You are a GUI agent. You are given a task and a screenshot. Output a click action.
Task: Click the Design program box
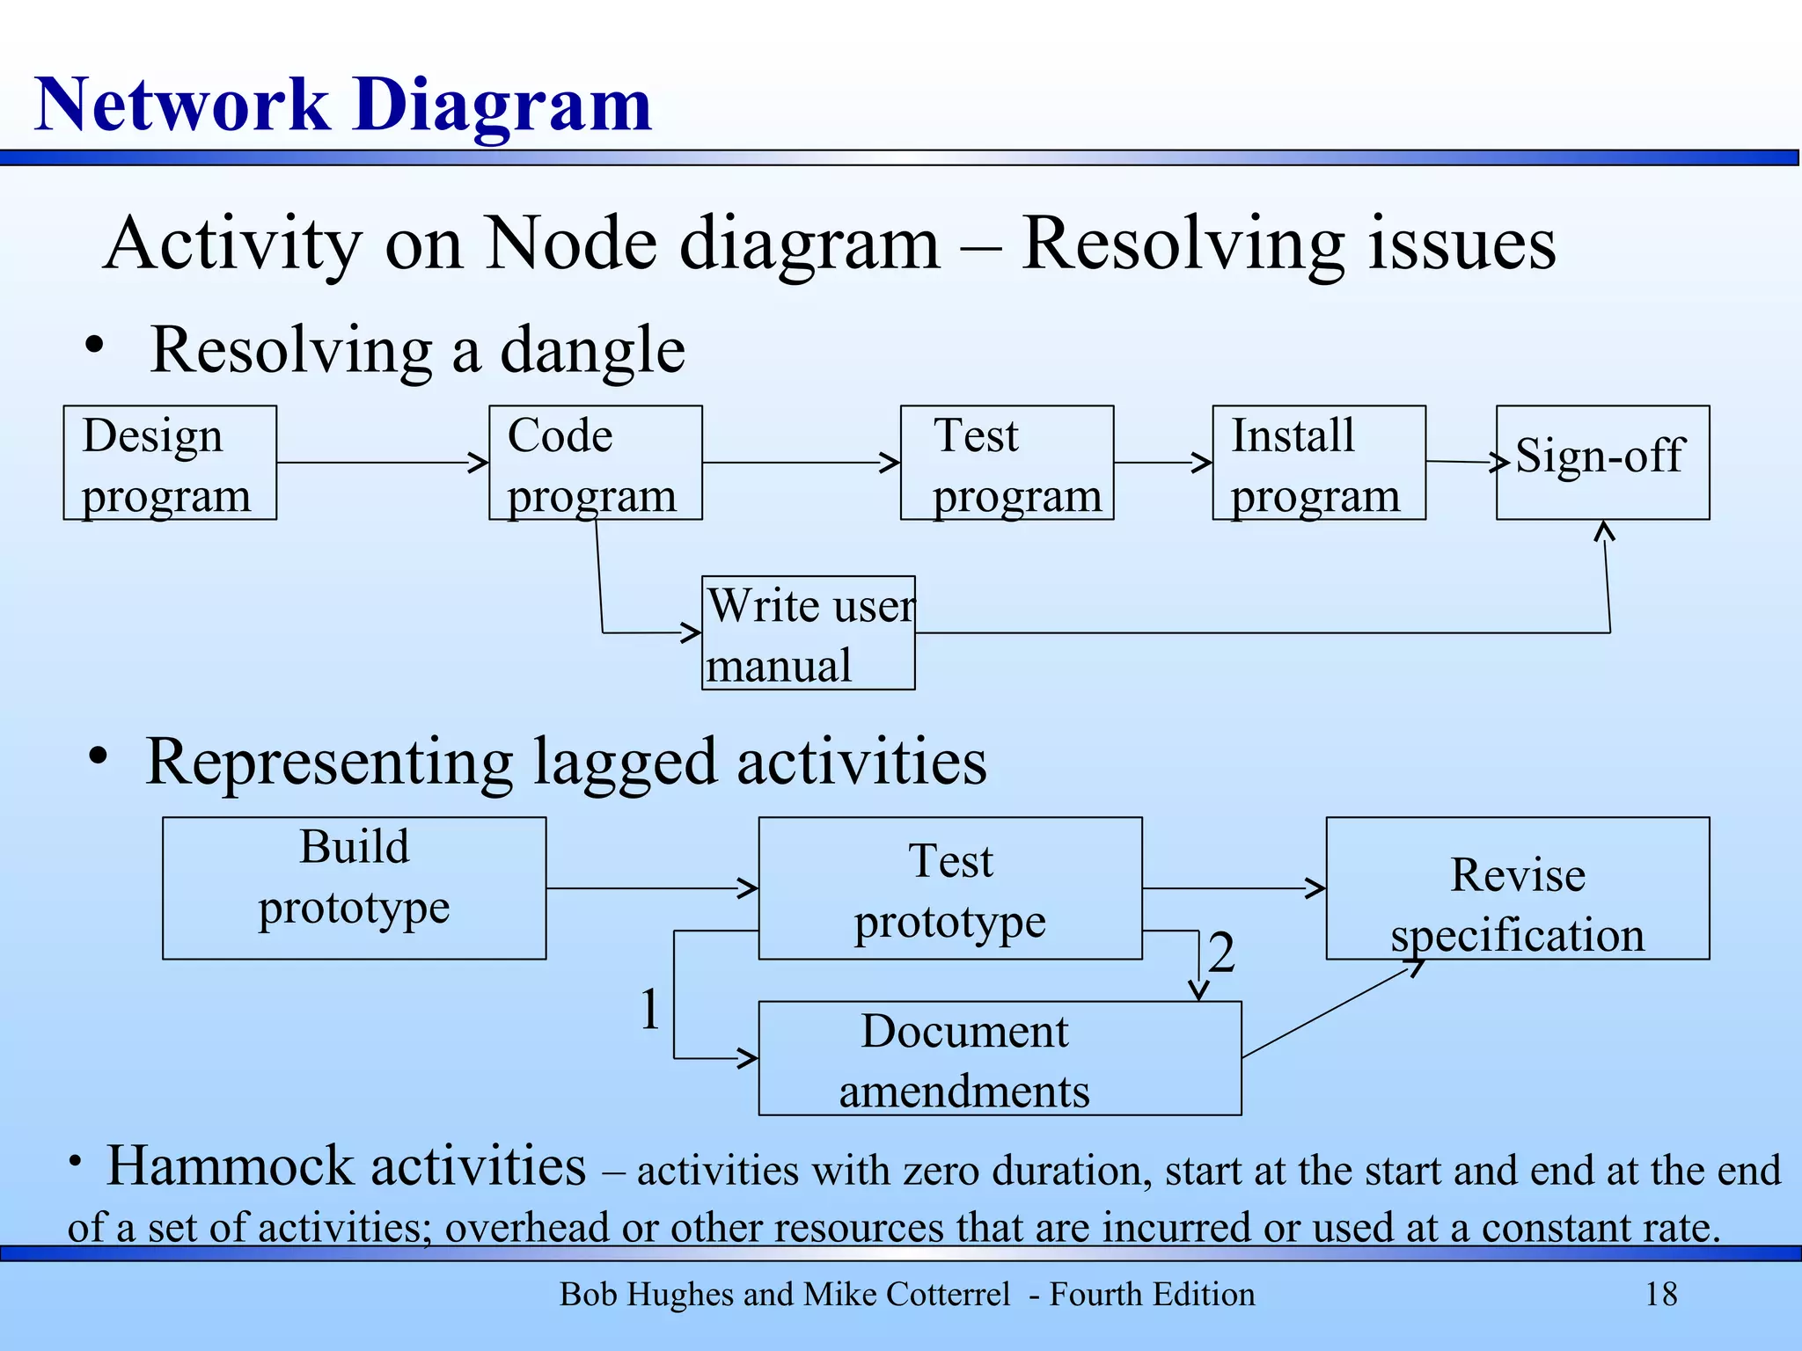coord(170,463)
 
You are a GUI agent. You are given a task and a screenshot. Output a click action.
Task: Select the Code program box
coord(596,463)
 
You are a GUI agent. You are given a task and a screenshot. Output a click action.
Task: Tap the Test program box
coord(1007,463)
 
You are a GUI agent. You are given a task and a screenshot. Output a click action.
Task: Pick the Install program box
coord(1318,463)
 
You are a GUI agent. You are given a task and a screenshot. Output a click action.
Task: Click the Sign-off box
coord(1602,463)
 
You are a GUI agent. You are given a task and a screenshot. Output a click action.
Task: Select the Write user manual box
coord(808,633)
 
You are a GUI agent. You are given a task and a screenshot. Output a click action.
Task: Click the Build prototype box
coord(354,887)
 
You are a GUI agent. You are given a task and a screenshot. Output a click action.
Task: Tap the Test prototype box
coord(950,887)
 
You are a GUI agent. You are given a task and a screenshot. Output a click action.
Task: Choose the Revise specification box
coord(1517,887)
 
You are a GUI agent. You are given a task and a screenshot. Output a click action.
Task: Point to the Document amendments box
coord(1000,1058)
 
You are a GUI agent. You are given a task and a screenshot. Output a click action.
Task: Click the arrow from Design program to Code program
coord(383,463)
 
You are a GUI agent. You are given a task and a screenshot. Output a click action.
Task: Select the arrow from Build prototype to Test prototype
coord(651,888)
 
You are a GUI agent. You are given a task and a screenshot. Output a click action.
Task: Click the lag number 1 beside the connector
coord(649,1009)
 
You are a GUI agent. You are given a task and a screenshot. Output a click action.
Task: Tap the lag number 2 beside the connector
coord(1221,953)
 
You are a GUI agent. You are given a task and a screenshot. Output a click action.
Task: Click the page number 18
coord(1660,1295)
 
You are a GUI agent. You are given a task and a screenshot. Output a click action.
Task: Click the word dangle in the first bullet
coord(592,350)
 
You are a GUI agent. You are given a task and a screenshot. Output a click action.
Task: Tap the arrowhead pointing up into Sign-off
coord(1605,530)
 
